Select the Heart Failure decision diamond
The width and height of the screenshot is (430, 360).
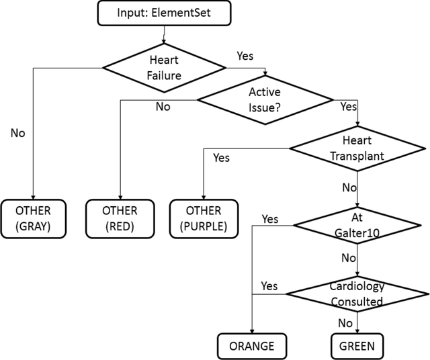(163, 66)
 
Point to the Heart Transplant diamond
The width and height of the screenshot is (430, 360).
(357, 149)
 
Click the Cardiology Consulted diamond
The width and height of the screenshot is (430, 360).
(356, 293)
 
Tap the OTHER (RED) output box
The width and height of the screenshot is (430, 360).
(120, 218)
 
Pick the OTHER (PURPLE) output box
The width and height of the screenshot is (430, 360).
(203, 218)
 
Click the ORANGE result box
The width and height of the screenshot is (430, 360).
(251, 346)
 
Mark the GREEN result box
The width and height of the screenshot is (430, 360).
(357, 346)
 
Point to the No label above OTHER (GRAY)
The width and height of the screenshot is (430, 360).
(17, 132)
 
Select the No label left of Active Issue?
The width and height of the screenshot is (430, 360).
(163, 106)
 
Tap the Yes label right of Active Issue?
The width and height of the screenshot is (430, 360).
(349, 106)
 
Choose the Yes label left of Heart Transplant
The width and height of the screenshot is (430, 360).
(221, 158)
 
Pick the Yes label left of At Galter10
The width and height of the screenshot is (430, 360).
(269, 219)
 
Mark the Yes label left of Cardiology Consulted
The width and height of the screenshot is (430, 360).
(269, 285)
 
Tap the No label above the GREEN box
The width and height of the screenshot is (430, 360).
(346, 322)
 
